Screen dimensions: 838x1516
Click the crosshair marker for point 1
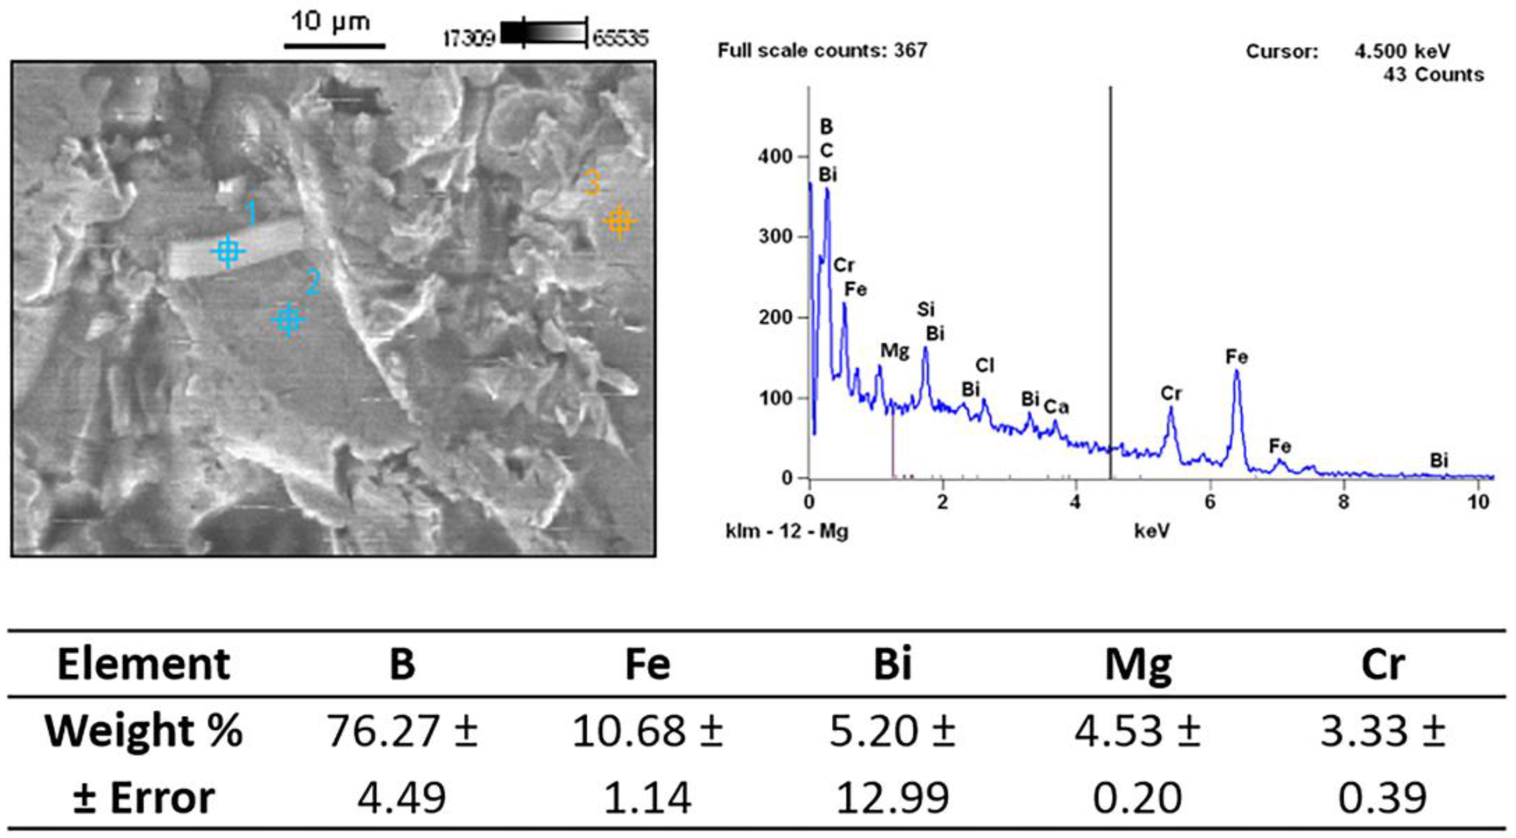tap(228, 252)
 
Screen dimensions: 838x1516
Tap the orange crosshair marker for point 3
tap(619, 222)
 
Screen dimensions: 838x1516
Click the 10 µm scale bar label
tap(331, 22)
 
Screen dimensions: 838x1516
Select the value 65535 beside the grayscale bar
tap(620, 39)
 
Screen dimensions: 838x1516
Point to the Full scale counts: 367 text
tap(822, 51)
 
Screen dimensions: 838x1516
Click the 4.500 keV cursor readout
tap(1403, 52)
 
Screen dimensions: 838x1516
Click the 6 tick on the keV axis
tap(1210, 502)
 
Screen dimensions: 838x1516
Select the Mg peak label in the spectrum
tap(895, 352)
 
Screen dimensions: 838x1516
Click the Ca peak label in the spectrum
tap(1056, 407)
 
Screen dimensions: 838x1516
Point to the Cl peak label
tap(985, 366)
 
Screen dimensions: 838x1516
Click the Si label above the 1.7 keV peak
tap(926, 309)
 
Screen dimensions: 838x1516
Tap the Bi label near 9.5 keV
tap(1439, 460)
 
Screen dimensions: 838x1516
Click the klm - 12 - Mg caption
tap(787, 531)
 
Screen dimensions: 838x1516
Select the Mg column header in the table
tap(1137, 664)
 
